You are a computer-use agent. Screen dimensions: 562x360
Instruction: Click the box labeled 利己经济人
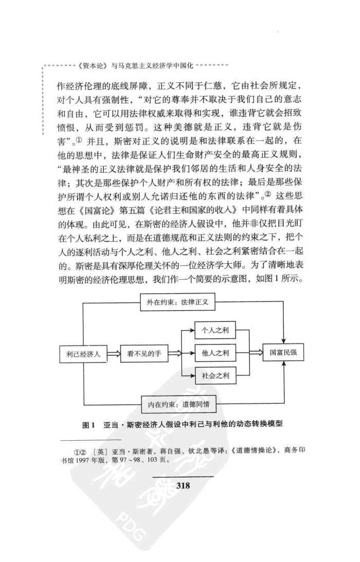coord(83,354)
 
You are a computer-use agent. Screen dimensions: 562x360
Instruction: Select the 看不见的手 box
coord(141,354)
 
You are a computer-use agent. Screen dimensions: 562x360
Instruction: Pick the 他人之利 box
coord(214,354)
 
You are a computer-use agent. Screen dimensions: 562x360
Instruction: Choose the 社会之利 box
coord(214,376)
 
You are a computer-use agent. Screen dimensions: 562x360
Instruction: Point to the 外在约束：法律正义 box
coord(177,303)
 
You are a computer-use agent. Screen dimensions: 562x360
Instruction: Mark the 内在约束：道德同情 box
coord(178,405)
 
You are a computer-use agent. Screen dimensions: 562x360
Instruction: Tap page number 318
coord(184,484)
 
